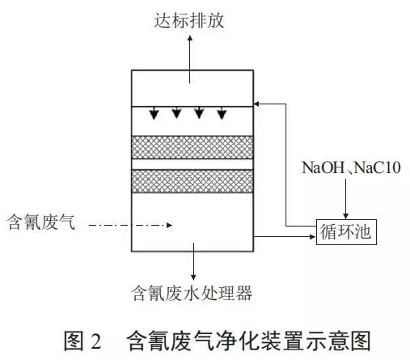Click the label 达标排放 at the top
coord(189,20)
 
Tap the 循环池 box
coord(346,232)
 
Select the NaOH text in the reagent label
coord(323,167)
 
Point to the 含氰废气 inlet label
coord(41,222)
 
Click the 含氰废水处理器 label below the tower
coord(192,293)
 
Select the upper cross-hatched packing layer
coord(192,147)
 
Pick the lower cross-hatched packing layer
coord(192,181)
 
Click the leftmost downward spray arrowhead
coord(154,114)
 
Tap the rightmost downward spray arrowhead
coord(222,114)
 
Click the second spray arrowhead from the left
coord(176,114)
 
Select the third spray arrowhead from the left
coord(199,114)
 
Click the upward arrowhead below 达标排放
coord(190,38)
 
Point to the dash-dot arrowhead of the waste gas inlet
coord(169,225)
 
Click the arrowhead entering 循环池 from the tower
coord(313,237)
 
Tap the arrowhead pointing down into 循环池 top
coord(346,217)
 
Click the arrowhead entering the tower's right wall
coord(257,104)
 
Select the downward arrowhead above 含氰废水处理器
coord(193,277)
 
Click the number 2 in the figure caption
coord(96,341)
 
